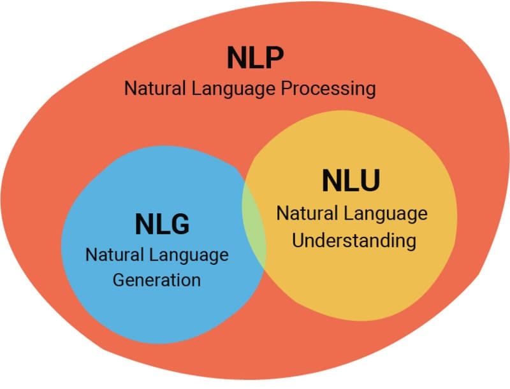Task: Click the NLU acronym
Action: (351, 180)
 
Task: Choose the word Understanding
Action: (351, 241)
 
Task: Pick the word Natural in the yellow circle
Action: (301, 213)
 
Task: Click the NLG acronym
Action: (162, 224)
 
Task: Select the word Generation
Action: (157, 279)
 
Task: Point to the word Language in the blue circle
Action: (189, 257)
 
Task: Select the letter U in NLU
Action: (369, 180)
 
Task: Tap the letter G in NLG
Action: (179, 224)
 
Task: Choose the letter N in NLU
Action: (332, 180)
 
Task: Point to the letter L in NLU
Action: (351, 180)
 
